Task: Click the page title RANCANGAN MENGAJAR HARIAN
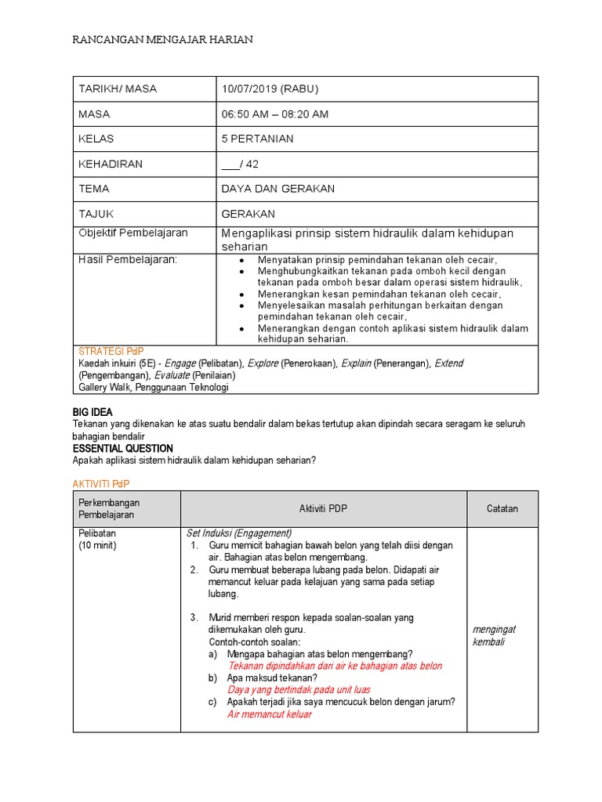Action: tap(163, 40)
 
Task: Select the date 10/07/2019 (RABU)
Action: tap(270, 89)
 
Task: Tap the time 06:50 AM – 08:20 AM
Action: tap(274, 114)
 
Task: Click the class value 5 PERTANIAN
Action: tap(257, 139)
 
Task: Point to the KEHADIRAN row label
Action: tap(111, 164)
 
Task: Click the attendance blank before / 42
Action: tap(231, 164)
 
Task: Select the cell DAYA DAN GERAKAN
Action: tap(277, 189)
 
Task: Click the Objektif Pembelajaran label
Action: tap(132, 233)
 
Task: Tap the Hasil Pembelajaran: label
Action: tap(128, 259)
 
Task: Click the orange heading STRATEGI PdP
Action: tap(111, 351)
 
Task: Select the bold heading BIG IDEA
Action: tap(92, 412)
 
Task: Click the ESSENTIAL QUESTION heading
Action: tap(122, 448)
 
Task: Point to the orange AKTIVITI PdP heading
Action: tap(101, 486)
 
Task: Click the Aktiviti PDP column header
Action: tap(323, 509)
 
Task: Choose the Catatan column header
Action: tap(502, 509)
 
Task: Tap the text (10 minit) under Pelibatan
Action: tap(97, 545)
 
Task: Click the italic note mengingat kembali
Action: tap(494, 635)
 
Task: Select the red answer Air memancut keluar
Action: tap(269, 713)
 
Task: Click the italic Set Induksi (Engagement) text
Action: tap(238, 533)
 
